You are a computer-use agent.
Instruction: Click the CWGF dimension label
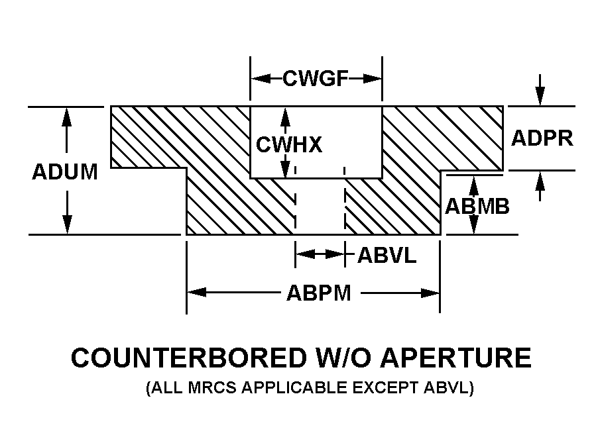pyautogui.click(x=316, y=79)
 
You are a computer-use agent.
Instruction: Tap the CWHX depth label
pyautogui.click(x=289, y=144)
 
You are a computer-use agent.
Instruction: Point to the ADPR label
pyautogui.click(x=542, y=138)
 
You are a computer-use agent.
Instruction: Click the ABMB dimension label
pyautogui.click(x=477, y=207)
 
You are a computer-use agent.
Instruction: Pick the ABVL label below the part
pyautogui.click(x=387, y=255)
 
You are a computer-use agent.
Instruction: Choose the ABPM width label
pyautogui.click(x=318, y=293)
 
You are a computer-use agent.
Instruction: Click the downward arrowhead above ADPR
pyautogui.click(x=541, y=97)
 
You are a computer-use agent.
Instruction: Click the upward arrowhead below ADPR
pyautogui.click(x=541, y=179)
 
